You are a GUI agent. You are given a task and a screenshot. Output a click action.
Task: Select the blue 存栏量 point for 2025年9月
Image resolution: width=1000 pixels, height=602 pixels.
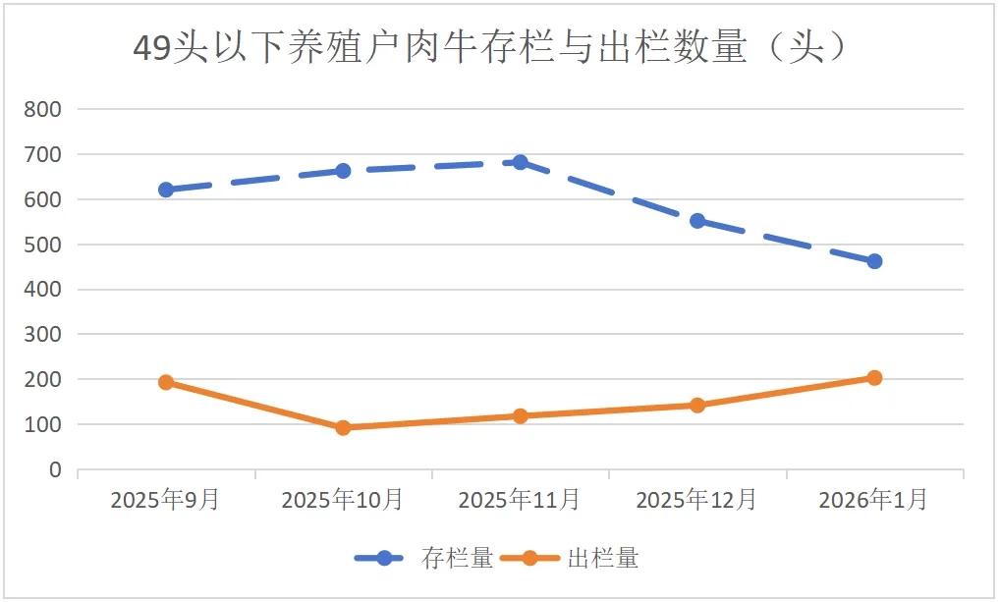click(x=166, y=190)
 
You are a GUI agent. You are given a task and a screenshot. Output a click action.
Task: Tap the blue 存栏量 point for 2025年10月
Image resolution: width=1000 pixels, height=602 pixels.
click(x=343, y=171)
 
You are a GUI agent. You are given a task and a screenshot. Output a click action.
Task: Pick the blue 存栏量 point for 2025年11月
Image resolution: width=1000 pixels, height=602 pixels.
click(x=521, y=162)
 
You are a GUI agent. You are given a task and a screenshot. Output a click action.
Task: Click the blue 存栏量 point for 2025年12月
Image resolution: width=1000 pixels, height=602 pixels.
click(x=697, y=221)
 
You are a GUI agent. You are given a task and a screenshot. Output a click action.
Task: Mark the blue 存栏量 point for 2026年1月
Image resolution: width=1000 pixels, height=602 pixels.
click(x=874, y=261)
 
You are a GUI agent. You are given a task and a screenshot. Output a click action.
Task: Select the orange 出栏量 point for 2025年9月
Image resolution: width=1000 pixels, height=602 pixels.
click(x=166, y=382)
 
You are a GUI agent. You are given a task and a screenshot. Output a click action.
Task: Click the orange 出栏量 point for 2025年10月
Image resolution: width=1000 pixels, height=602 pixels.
click(x=343, y=427)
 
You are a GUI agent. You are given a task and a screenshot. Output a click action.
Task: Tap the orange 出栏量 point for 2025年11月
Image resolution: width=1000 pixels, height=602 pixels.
click(x=521, y=415)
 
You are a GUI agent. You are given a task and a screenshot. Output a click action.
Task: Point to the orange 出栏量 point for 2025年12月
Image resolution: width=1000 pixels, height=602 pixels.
click(x=697, y=405)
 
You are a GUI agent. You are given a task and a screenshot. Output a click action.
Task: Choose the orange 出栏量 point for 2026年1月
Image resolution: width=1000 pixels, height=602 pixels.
click(x=874, y=378)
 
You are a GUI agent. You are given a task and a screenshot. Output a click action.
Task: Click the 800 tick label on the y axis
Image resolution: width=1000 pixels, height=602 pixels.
click(x=42, y=110)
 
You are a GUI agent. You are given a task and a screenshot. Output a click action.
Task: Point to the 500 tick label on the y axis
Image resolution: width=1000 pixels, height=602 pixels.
click(x=42, y=245)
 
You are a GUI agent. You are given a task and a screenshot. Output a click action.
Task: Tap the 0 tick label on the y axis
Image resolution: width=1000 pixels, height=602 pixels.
click(x=55, y=470)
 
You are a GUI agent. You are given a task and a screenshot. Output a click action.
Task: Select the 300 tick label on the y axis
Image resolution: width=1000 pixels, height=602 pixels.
click(x=42, y=335)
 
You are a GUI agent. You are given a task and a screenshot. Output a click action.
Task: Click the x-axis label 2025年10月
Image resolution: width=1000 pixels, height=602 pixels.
click(x=342, y=500)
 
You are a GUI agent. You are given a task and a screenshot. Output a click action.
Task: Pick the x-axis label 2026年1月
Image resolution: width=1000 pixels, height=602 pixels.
click(x=873, y=500)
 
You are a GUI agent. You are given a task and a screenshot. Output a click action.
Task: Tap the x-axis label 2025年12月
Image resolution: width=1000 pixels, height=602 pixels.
click(x=696, y=500)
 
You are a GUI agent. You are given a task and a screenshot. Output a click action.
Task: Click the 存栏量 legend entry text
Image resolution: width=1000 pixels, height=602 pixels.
click(x=458, y=559)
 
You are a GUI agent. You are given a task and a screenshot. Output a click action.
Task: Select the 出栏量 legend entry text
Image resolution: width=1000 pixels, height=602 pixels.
click(x=603, y=559)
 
